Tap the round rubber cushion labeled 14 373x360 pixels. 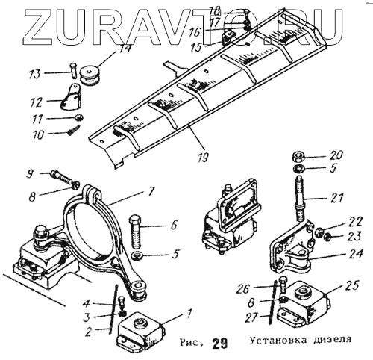(89, 75)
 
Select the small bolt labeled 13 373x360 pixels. (72, 70)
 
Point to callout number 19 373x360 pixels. (203, 157)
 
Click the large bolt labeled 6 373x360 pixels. (136, 232)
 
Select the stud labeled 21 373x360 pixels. (301, 199)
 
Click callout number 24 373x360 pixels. (356, 254)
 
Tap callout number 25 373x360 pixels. (352, 285)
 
